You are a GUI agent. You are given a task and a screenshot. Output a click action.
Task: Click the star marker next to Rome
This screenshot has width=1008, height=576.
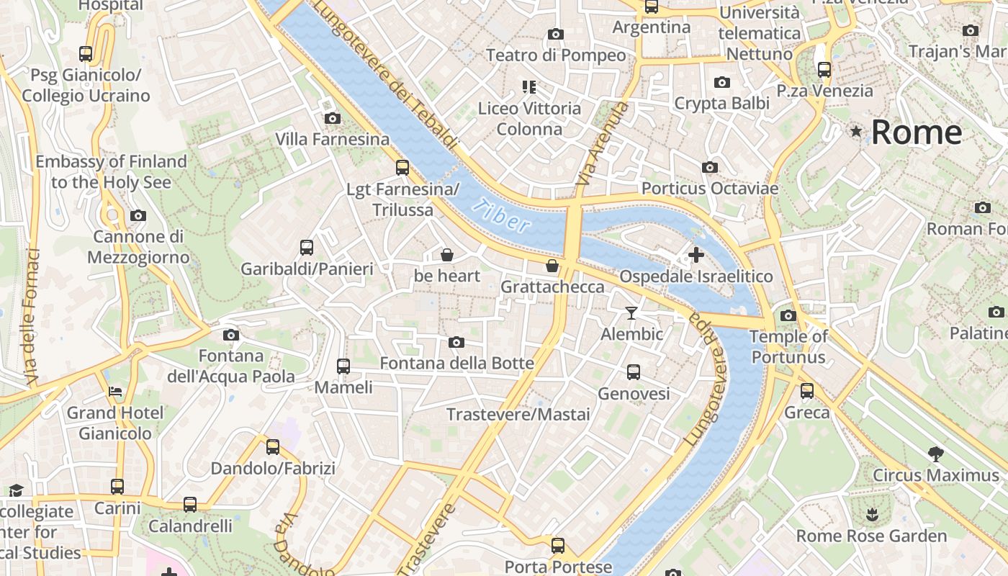pos(856,132)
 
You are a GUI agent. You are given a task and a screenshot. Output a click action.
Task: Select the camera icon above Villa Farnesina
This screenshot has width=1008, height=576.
pos(332,118)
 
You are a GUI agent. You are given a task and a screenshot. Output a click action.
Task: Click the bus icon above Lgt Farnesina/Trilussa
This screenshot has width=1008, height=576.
pos(402,168)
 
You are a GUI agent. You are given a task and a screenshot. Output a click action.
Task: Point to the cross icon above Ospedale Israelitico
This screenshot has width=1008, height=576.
pos(696,254)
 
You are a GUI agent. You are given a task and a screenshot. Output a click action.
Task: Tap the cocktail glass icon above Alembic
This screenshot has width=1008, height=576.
pos(631,312)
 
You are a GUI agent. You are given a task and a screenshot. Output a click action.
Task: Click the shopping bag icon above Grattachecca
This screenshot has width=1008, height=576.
pos(552,266)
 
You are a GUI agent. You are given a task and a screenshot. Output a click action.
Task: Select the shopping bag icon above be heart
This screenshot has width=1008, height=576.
pos(446,254)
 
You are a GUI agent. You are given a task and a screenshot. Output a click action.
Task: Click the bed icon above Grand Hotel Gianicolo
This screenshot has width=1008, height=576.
pos(115,392)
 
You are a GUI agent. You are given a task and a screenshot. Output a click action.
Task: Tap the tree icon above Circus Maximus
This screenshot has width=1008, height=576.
pos(935,454)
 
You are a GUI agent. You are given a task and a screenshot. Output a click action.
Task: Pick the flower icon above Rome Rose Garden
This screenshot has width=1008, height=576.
pos(871,514)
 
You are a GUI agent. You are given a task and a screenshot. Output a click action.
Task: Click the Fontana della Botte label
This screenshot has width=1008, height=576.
pos(456,364)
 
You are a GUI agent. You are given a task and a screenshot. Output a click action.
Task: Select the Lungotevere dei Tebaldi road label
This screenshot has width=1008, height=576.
pos(386,76)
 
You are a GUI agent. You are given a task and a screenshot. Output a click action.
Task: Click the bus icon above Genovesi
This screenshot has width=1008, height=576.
pos(634,372)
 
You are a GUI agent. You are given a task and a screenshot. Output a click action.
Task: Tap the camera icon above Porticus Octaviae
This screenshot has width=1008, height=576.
pos(710,167)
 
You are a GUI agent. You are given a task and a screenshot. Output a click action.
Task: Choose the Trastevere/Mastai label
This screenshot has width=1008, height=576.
pos(518,415)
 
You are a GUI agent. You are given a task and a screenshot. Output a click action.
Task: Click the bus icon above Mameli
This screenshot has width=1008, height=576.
pos(343,366)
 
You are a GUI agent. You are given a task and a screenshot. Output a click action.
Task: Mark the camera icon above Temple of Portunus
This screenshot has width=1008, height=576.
pos(788,315)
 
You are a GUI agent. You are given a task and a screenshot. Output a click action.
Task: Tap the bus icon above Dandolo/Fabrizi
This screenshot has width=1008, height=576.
pos(273,447)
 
